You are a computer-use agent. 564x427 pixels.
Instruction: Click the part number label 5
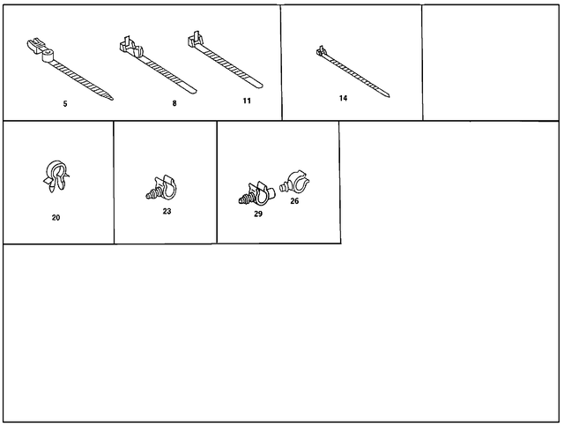[x=65, y=104]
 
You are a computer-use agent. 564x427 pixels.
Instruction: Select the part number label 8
[x=174, y=104]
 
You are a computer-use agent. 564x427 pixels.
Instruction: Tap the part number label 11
[x=247, y=101]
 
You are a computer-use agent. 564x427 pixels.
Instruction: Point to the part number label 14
[x=344, y=98]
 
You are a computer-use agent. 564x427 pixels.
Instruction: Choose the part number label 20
[x=56, y=217]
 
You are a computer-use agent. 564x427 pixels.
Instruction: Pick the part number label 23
[x=167, y=212]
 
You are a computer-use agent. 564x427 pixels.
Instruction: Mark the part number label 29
[x=258, y=214]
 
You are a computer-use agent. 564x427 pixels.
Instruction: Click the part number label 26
[x=294, y=201]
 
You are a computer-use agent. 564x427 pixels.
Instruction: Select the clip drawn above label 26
[x=294, y=184]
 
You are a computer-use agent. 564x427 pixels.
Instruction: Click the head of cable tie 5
[x=40, y=49]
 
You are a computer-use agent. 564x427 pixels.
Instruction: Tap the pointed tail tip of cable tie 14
[x=390, y=96]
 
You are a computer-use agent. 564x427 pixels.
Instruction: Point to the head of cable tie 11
[x=197, y=39]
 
